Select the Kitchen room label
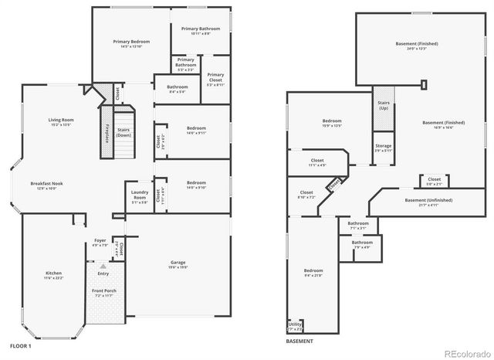click(x=53, y=275)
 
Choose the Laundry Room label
click(x=140, y=195)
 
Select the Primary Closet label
click(x=215, y=77)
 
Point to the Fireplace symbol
click(x=107, y=132)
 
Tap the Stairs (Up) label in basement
click(x=383, y=105)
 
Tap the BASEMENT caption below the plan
click(x=299, y=341)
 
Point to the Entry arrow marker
click(x=102, y=266)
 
